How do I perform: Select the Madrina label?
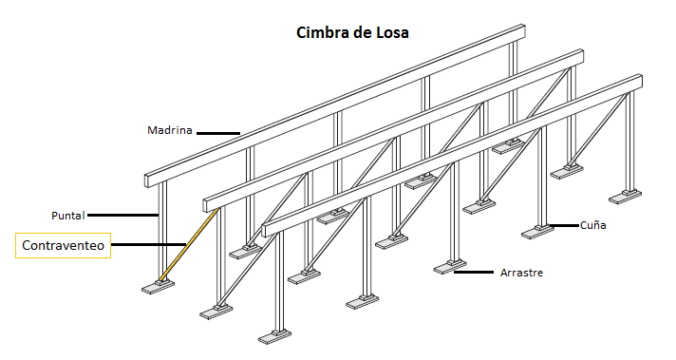170,130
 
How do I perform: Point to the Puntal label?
68,214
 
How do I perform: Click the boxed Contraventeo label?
64,246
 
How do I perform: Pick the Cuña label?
592,225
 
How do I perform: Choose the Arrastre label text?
523,274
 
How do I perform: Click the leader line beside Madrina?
217,132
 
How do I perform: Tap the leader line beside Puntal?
122,214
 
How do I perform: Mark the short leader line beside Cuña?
567,225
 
